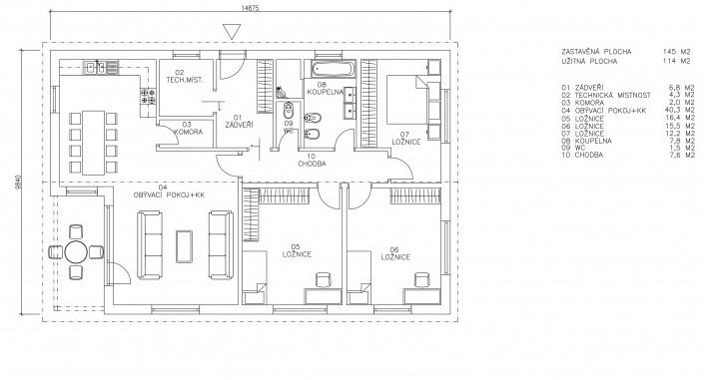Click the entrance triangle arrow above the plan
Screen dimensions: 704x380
232,32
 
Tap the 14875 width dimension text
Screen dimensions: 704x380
250,8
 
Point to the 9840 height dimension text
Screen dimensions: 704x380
18,183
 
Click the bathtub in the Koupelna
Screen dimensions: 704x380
332,70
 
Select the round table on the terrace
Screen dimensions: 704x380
76,251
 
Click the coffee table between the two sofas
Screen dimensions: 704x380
184,246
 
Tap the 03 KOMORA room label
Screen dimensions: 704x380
187,129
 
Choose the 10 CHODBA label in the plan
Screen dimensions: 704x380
312,161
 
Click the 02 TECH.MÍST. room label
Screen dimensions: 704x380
184,76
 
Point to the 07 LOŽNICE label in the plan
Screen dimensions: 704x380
405,139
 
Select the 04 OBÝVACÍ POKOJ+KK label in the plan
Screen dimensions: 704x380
169,191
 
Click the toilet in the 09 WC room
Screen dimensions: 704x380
288,111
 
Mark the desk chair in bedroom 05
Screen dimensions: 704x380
323,280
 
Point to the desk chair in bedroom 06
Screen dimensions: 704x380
421,280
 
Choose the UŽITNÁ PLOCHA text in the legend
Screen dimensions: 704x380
589,62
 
